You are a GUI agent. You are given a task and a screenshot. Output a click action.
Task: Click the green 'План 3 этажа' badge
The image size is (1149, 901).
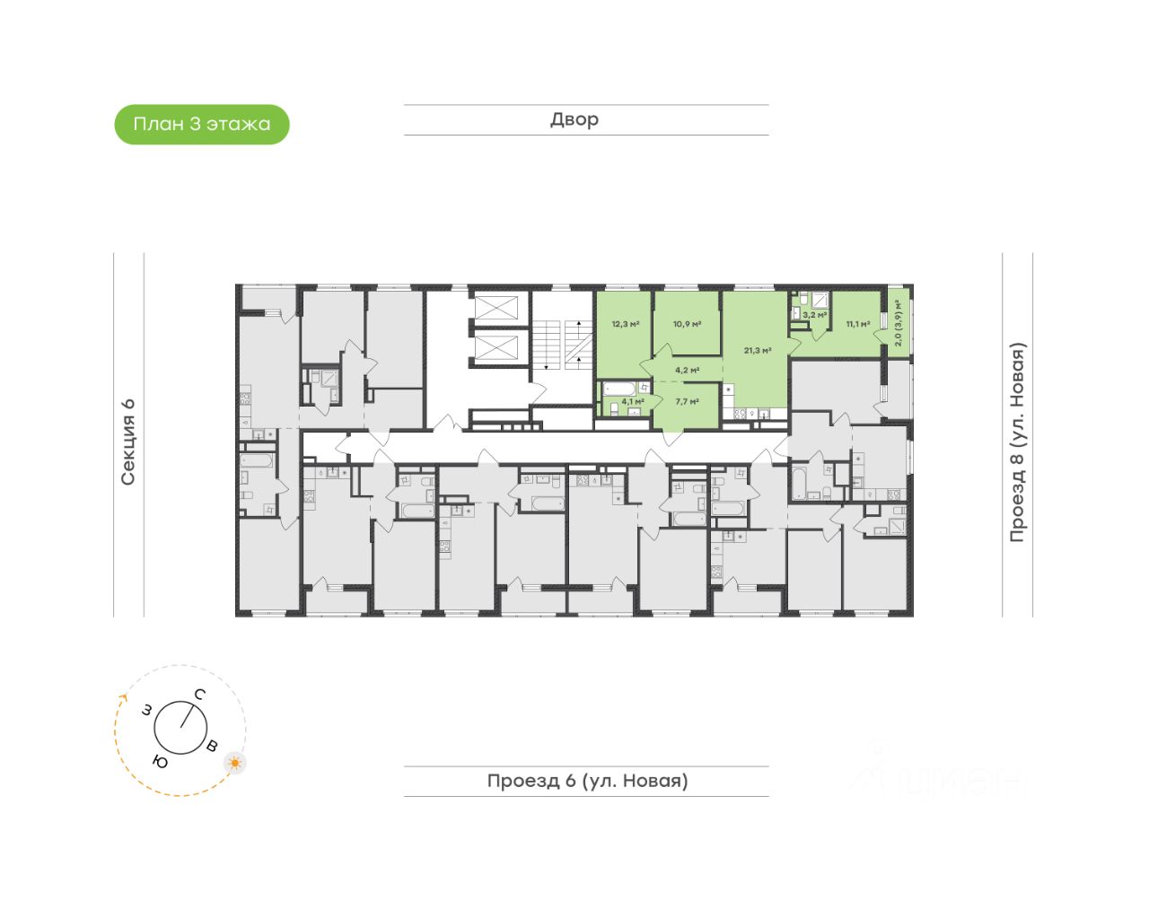202,125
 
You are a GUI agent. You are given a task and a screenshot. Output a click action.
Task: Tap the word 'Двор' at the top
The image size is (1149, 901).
574,119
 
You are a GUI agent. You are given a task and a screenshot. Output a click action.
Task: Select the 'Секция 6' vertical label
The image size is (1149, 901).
128,442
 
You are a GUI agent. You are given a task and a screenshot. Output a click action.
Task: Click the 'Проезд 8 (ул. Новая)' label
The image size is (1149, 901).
1017,442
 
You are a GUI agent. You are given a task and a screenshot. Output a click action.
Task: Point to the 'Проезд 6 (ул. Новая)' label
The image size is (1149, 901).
587,781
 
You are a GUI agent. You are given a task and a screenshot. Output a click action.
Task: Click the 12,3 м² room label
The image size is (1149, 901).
626,324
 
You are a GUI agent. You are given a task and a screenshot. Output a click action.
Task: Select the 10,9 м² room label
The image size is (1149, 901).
688,324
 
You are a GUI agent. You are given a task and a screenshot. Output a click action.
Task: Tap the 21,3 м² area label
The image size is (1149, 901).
758,351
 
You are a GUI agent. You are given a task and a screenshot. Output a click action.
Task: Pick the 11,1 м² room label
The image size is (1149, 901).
857,324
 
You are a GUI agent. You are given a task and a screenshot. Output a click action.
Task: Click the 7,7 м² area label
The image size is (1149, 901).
688,402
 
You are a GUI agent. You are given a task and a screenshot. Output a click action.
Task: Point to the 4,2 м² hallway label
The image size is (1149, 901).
688,370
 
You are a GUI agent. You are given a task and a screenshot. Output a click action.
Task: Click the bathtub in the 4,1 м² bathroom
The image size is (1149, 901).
618,389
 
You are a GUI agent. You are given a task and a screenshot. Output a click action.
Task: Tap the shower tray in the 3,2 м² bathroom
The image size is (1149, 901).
820,301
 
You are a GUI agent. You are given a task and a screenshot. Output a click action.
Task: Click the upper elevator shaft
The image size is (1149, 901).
496,308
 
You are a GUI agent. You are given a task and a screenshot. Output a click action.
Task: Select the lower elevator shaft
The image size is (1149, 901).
496,347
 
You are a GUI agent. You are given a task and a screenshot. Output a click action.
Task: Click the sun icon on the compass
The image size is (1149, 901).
235,763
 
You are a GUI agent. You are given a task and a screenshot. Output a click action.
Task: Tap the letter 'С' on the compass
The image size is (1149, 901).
200,694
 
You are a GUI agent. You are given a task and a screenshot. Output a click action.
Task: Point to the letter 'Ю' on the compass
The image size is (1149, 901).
161,763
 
